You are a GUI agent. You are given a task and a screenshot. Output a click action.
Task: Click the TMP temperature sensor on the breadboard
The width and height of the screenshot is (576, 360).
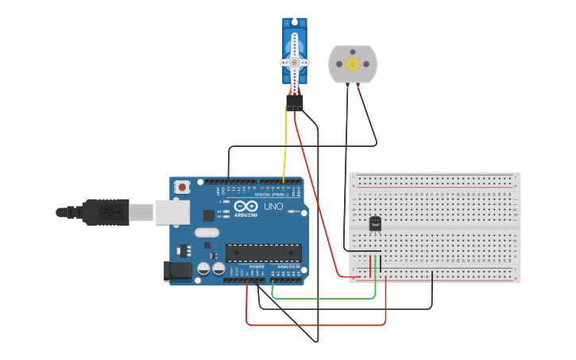(x=375, y=224)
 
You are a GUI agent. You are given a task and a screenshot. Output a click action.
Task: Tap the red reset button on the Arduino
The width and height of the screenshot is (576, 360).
(x=183, y=188)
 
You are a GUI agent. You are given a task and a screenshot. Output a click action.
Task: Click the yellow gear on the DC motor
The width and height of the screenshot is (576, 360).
(x=352, y=63)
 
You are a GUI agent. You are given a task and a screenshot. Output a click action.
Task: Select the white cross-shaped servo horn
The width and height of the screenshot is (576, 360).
(x=294, y=61)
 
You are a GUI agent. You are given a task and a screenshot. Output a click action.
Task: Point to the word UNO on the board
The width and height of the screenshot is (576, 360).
(x=273, y=206)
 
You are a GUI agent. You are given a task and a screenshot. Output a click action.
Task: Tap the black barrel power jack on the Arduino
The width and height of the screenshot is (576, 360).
(x=177, y=271)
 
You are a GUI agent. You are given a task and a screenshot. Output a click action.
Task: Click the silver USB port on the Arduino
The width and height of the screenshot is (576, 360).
(x=172, y=211)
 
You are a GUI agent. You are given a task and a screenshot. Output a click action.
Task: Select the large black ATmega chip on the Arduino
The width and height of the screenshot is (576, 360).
(x=263, y=253)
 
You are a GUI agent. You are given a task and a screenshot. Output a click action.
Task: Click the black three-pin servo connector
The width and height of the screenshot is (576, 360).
(x=295, y=103)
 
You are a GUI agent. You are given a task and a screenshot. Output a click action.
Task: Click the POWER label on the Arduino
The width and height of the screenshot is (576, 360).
(x=256, y=267)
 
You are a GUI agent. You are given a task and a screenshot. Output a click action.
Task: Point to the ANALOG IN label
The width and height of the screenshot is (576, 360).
(x=288, y=267)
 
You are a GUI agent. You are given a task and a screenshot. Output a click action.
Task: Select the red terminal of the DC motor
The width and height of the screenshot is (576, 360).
(x=358, y=83)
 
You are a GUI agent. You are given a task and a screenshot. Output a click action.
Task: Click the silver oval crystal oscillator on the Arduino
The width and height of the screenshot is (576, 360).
(x=206, y=233)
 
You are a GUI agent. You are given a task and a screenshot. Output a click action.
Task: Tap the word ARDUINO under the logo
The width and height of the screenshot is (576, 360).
(x=246, y=215)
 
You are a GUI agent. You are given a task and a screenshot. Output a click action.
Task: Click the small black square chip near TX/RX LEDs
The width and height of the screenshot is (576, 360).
(x=208, y=215)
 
